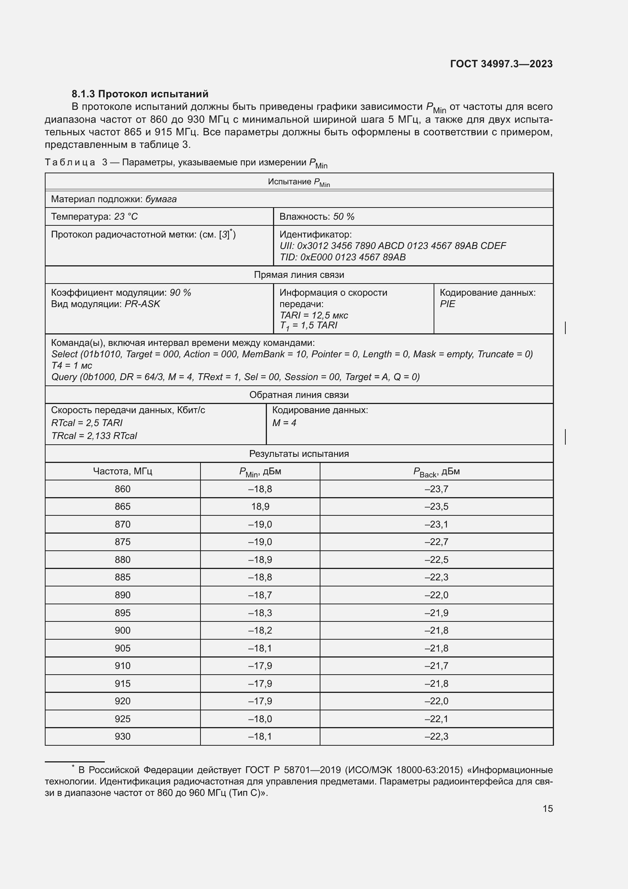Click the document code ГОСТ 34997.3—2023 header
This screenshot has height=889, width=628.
tap(501, 64)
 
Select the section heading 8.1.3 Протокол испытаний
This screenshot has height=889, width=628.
tap(140, 94)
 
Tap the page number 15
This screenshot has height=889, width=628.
tap(548, 808)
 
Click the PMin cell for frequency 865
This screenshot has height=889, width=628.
tap(260, 506)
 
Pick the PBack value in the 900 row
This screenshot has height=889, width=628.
tap(436, 630)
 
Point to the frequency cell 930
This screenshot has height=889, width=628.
tap(123, 737)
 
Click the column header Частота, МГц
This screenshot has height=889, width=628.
tap(123, 471)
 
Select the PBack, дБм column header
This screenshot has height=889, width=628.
tap(436, 472)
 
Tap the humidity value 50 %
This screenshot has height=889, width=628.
tap(344, 216)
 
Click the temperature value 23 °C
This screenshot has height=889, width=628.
tap(126, 216)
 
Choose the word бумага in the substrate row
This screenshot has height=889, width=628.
tap(161, 199)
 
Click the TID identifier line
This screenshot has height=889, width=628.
tap(342, 257)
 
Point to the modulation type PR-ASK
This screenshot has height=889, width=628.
tap(142, 304)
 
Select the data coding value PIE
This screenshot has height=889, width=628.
tap(447, 304)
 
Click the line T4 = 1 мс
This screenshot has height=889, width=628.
tap(72, 366)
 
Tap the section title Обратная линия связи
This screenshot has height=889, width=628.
tap(299, 395)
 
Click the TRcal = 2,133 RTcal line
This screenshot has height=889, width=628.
tap(94, 436)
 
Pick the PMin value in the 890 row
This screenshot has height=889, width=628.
tap(260, 595)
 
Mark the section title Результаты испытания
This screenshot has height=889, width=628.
tap(299, 454)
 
